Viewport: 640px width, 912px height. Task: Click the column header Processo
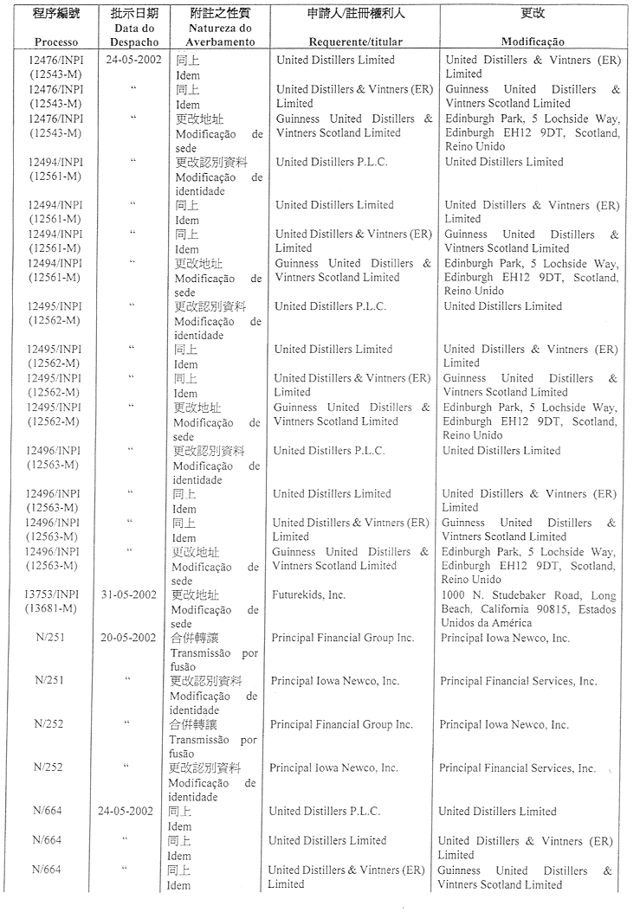[56, 42]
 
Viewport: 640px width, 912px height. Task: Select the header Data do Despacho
[136, 35]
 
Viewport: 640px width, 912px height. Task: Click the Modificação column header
[533, 42]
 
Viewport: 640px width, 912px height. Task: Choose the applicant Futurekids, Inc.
[308, 594]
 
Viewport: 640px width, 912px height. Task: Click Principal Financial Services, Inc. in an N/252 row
[517, 768]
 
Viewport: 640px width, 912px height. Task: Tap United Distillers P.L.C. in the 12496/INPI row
[329, 451]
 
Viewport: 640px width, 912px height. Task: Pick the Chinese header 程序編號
[57, 14]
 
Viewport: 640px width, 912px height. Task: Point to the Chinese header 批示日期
[136, 14]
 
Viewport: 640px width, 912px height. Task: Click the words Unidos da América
[487, 624]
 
